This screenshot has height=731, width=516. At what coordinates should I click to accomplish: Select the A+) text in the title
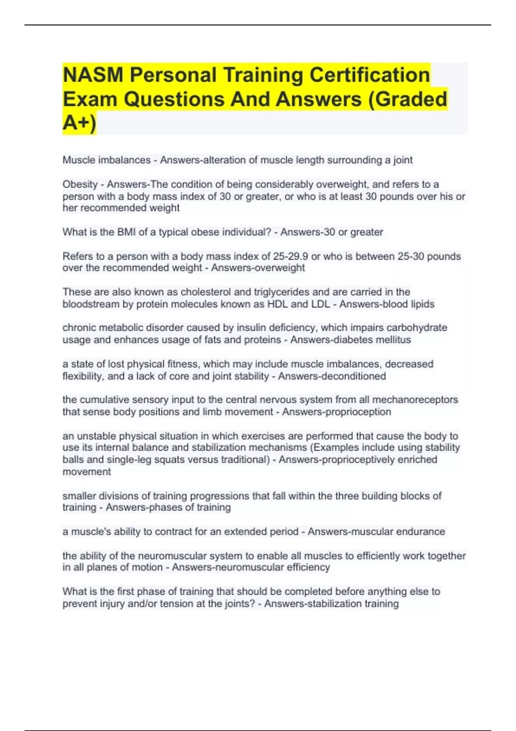click(x=79, y=123)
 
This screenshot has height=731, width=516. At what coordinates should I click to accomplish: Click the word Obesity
click(x=80, y=184)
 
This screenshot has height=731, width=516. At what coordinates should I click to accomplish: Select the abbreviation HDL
click(x=277, y=304)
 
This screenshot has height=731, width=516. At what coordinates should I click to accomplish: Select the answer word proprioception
click(x=358, y=412)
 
